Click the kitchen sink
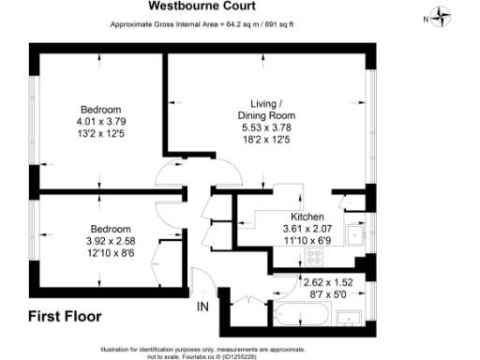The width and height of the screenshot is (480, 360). click(x=355, y=235)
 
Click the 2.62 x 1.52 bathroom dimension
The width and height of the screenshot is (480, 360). click(x=328, y=280)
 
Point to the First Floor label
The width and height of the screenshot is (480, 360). click(x=65, y=315)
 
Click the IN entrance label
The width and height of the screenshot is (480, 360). click(x=202, y=306)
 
